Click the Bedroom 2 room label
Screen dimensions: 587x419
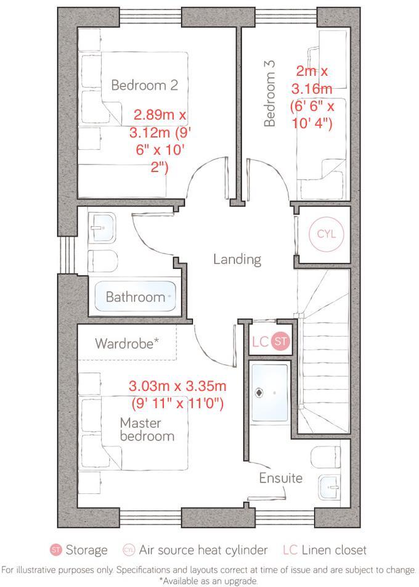(144, 85)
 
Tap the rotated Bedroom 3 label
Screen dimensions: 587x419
(269, 93)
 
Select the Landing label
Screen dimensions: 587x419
(237, 259)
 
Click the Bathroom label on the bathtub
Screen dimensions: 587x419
(135, 297)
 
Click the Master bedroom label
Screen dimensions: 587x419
(147, 430)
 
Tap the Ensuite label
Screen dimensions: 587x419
(280, 478)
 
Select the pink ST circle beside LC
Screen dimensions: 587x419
(280, 342)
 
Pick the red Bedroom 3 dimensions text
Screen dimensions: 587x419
(312, 97)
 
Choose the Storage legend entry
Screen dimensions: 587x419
(79, 550)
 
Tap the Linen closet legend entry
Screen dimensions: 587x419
(325, 550)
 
